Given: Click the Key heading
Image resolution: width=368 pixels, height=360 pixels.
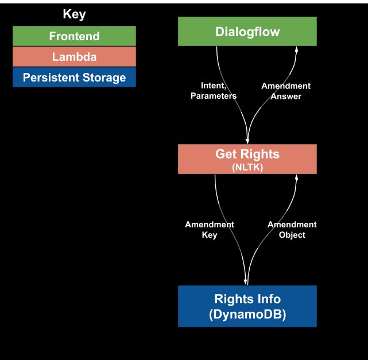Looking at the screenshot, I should point(74,14).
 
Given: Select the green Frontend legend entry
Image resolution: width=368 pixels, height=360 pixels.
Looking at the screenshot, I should point(74,36).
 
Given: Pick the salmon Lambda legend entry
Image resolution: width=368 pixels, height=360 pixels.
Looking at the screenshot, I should point(74,57).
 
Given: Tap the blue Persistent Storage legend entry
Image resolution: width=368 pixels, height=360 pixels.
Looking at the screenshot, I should point(74,78).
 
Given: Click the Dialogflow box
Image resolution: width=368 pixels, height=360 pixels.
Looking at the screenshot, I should point(247,32).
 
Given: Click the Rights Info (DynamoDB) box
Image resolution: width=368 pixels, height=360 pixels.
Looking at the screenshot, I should point(247,307).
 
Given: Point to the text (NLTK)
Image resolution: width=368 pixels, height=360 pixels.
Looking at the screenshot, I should point(247,167).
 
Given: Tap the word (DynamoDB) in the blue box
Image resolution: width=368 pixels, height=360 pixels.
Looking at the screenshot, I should point(247,315).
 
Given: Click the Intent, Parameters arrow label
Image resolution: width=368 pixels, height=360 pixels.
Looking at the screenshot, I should point(214,91).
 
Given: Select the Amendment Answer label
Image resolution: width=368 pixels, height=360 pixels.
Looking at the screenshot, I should point(286,91).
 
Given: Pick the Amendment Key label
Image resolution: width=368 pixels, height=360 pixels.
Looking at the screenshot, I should point(210,230).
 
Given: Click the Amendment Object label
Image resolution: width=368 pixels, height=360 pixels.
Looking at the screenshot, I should point(292,230).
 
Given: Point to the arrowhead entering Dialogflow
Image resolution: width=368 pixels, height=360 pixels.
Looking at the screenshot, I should point(296,49).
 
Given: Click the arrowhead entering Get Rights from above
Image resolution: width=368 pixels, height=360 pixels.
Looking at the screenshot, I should point(247,140).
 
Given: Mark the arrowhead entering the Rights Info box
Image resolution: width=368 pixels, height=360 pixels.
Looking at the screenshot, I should point(247,281).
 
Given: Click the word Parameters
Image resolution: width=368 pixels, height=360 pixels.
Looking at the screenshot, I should point(214,96).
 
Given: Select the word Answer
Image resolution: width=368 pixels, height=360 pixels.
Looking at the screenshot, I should point(286,96).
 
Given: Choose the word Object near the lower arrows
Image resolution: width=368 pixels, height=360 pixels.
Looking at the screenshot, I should point(292,235).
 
